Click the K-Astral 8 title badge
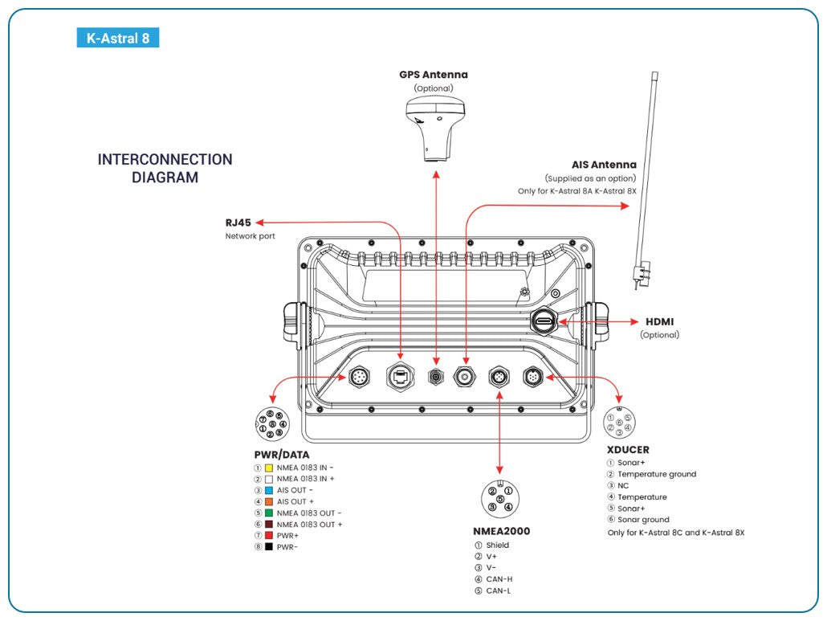click(117, 38)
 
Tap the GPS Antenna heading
click(434, 75)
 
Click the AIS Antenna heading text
click(604, 165)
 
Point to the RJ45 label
click(239, 223)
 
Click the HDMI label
click(659, 321)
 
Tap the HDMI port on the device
click(544, 322)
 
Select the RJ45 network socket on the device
click(400, 374)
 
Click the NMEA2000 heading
click(501, 531)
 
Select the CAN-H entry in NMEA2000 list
click(499, 579)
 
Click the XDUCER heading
click(628, 450)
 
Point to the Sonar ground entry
click(642, 520)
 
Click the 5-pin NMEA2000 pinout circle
click(499, 498)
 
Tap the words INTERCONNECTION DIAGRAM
click(165, 169)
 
